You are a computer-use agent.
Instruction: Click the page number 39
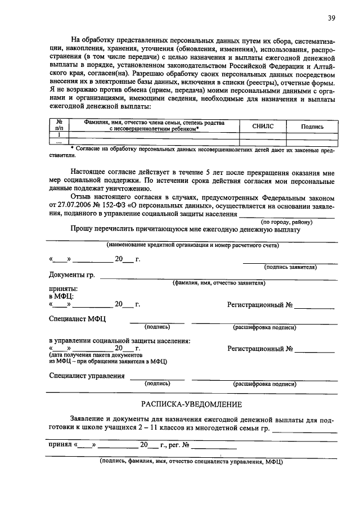click(332, 18)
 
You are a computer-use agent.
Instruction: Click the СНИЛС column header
click(263, 127)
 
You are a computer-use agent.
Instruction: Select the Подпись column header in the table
click(312, 127)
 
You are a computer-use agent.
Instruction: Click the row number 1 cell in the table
click(59, 135)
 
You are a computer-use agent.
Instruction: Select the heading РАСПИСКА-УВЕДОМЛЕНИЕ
click(191, 404)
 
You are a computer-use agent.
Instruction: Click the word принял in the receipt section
click(59, 445)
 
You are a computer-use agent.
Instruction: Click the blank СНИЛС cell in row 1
click(263, 135)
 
